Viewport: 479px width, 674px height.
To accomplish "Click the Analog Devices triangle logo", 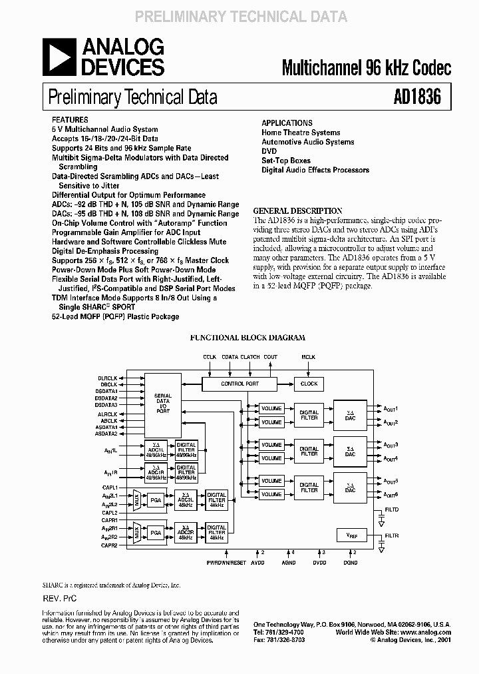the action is [59, 56].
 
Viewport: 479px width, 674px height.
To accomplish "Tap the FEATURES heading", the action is [70, 121].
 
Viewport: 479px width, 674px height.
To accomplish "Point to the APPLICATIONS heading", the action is [287, 123].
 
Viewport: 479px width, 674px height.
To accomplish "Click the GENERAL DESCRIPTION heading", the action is [298, 210].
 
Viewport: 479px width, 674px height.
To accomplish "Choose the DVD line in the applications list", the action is [268, 151].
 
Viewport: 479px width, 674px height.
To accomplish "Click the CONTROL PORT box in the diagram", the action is [239, 384].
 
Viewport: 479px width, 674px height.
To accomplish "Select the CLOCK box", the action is [309, 384].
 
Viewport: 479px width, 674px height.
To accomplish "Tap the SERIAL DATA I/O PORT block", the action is [163, 403].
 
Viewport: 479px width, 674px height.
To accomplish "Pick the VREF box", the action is [351, 535].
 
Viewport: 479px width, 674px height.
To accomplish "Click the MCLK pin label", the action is [309, 357].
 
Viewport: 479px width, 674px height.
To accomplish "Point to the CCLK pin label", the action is [210, 357].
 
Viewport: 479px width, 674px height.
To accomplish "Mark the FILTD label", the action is [391, 509].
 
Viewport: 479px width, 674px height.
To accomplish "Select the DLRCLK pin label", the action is [108, 378].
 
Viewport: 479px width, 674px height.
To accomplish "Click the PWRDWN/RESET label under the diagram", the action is [226, 563].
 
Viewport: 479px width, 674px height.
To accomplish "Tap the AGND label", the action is [288, 563].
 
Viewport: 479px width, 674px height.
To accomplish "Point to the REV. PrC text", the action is [59, 599].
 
